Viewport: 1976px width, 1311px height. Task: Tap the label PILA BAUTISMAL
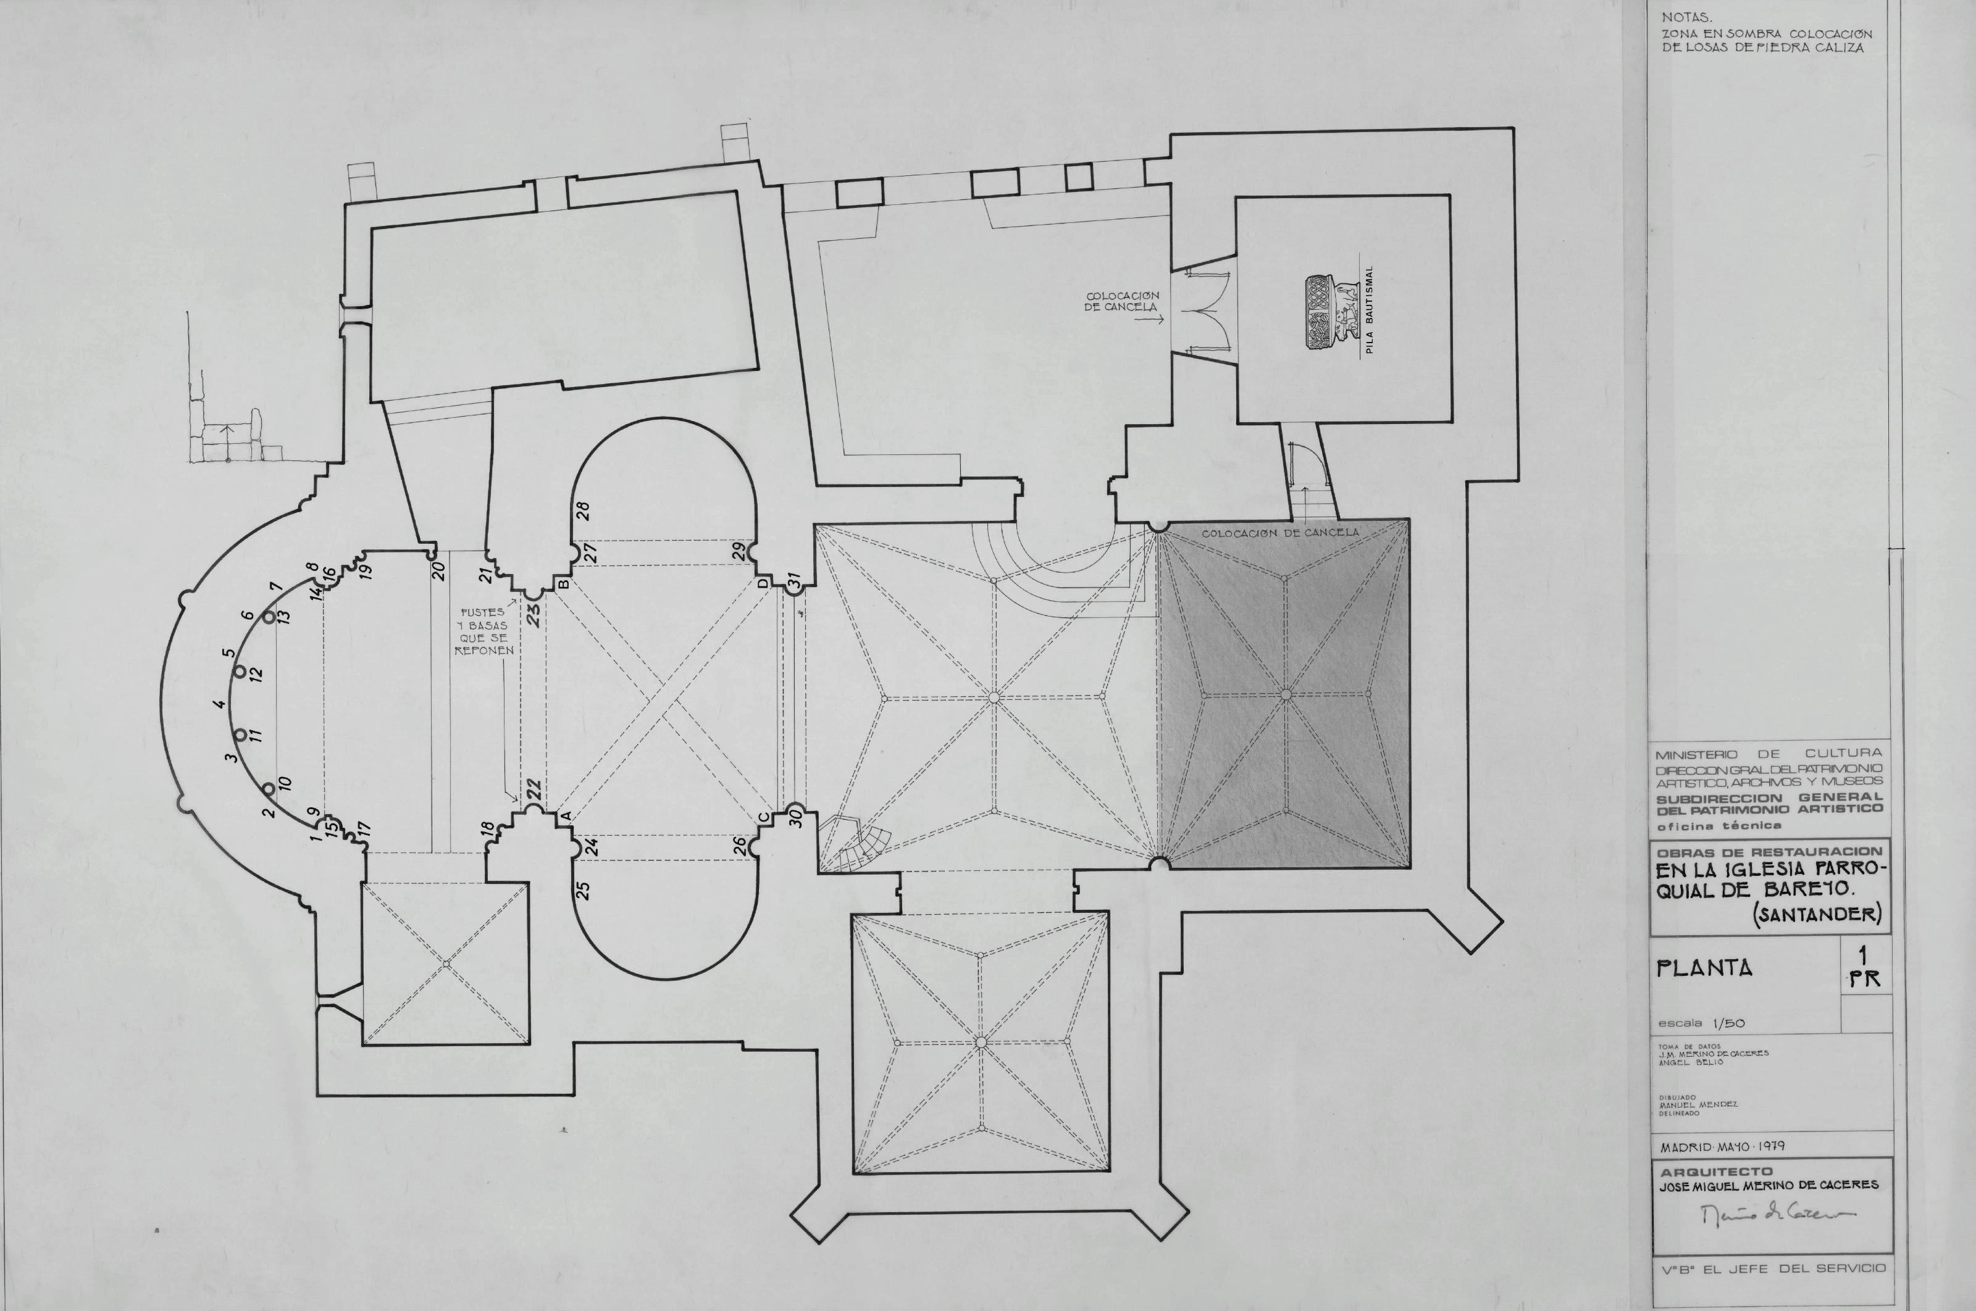coord(1370,311)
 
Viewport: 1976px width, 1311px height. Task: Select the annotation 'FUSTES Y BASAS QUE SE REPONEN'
coord(484,631)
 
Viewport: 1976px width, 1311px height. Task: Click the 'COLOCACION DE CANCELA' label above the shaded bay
coord(1280,533)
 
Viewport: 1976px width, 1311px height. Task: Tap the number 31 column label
coord(795,580)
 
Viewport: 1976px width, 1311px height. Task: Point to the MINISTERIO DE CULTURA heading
coord(1770,753)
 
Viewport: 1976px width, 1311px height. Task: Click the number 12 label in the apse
coord(257,673)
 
